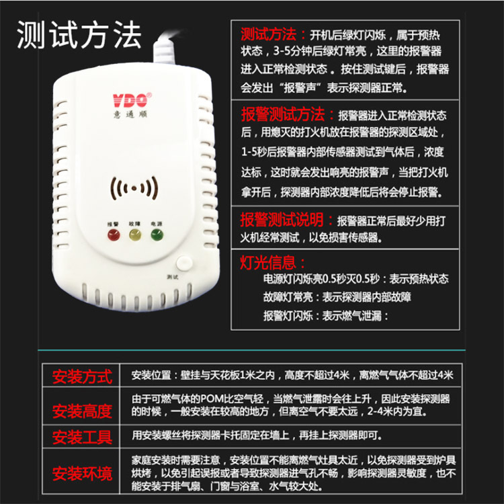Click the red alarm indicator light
(112, 235)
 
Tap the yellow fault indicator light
(134, 235)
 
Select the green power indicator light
(157, 235)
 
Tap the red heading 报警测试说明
(288, 220)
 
